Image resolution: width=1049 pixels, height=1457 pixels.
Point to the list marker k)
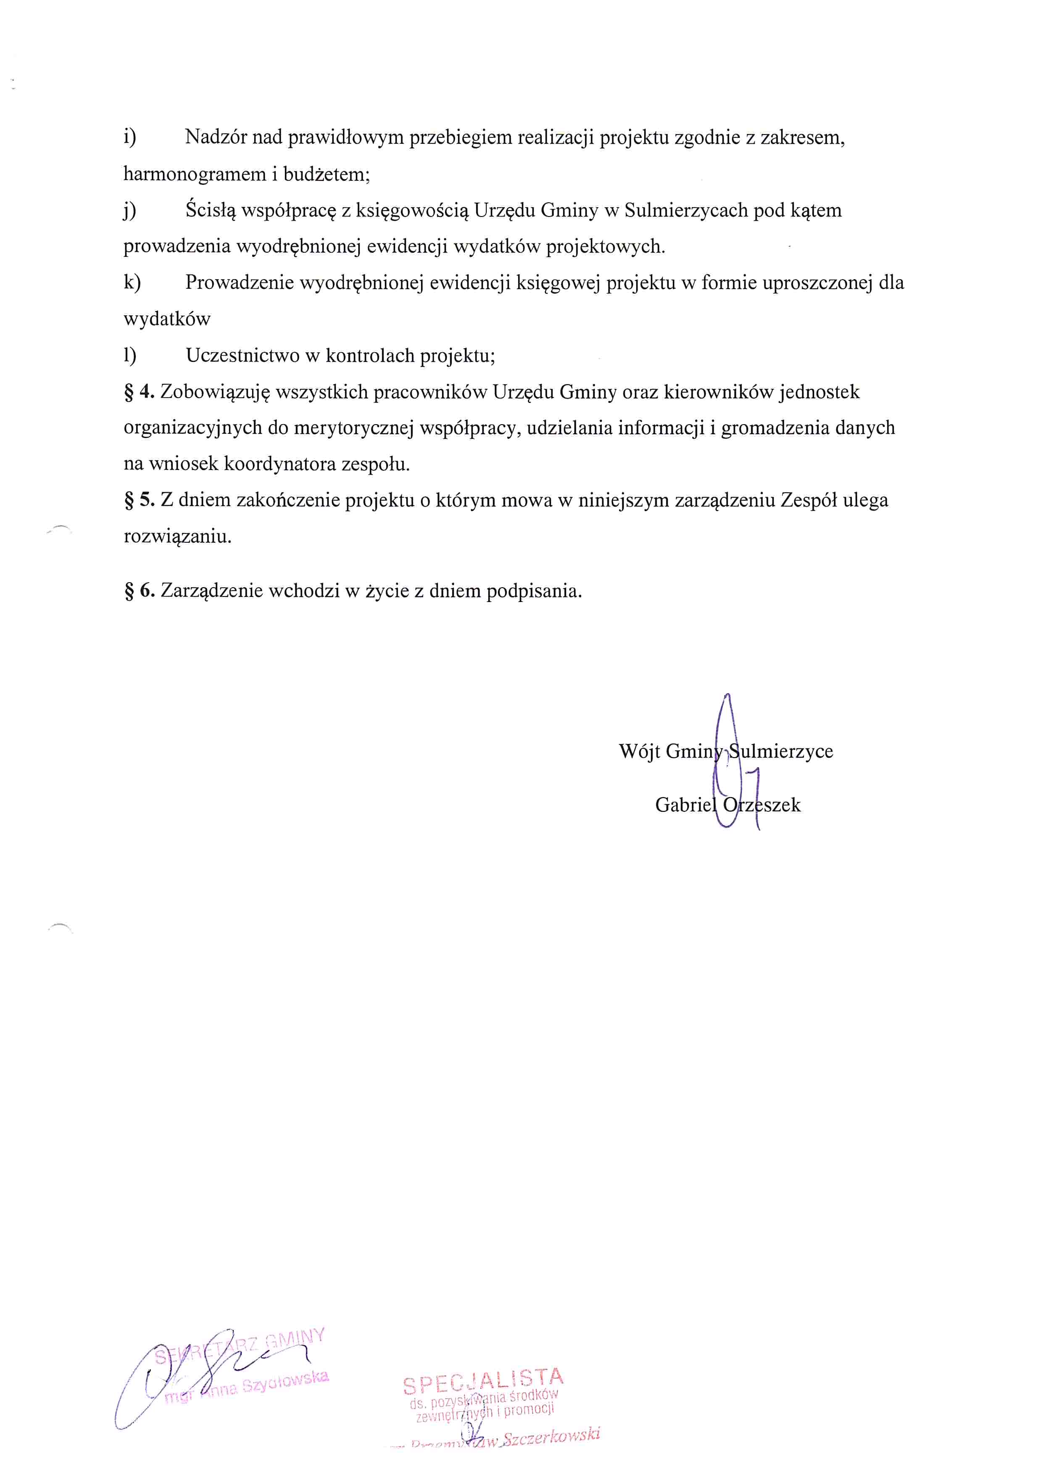[x=132, y=282]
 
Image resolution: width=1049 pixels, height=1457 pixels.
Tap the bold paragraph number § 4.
[x=140, y=392]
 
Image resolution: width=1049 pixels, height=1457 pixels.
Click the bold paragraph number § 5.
[x=140, y=500]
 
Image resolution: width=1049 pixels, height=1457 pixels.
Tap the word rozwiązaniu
[x=177, y=536]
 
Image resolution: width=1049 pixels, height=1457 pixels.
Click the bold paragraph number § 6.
[x=140, y=590]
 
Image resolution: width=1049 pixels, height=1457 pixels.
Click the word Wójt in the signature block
[x=639, y=751]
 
